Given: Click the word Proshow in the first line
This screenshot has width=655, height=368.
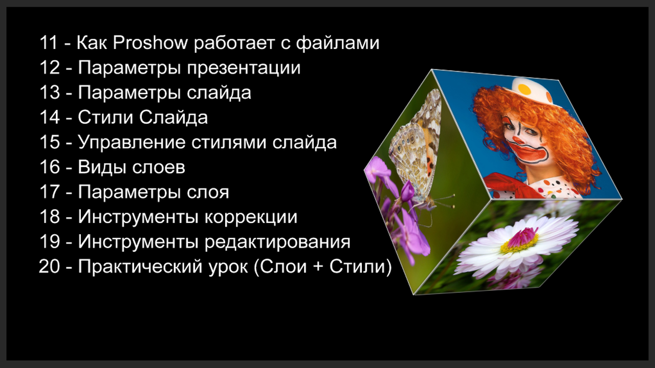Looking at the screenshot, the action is tap(150, 43).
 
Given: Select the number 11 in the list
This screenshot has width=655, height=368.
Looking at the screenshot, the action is tap(48, 43).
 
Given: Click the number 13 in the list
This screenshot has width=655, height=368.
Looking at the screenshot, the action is tap(49, 93).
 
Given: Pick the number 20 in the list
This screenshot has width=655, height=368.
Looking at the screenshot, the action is tap(49, 266).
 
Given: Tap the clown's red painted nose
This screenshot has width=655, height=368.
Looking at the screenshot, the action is tap(519, 140).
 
